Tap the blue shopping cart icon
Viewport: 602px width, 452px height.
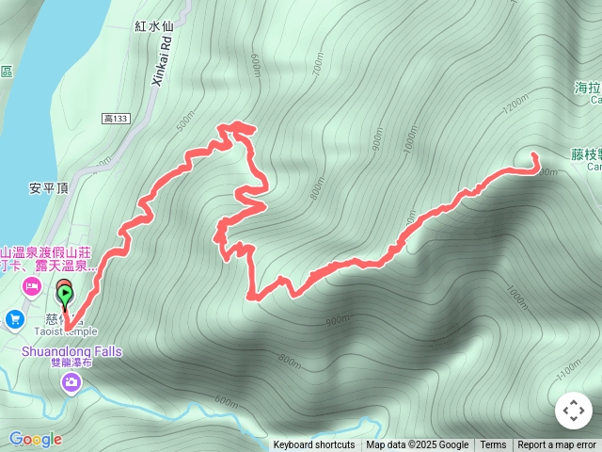[x=15, y=320]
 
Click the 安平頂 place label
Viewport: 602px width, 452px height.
[x=48, y=186]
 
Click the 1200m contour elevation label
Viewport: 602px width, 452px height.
[x=516, y=106]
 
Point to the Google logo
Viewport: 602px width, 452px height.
[x=35, y=439]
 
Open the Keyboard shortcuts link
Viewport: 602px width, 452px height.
[x=314, y=445]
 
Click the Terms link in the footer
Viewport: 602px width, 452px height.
[x=493, y=445]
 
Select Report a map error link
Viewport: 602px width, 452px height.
[x=557, y=445]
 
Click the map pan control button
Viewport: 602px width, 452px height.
[x=573, y=411]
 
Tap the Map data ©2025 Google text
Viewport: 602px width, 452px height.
[x=417, y=445]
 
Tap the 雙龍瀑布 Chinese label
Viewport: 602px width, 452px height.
[x=71, y=363]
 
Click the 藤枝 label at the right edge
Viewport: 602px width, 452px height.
[x=585, y=153]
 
